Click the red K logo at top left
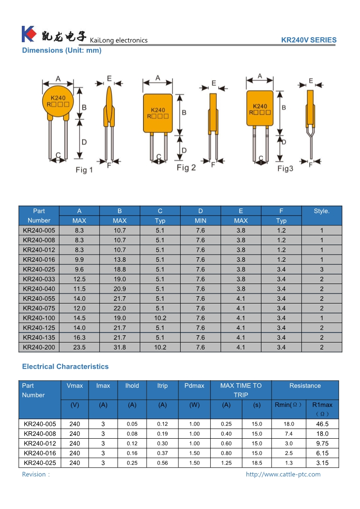(x=29, y=34)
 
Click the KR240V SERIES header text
(x=309, y=40)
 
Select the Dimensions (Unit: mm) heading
(x=62, y=50)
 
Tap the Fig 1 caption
(x=84, y=170)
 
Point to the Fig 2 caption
(x=186, y=168)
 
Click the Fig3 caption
(x=286, y=169)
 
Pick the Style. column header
(x=321, y=211)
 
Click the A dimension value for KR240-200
(x=79, y=347)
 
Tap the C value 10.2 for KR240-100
(x=160, y=318)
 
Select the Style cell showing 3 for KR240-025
(x=321, y=269)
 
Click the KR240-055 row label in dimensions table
(x=39, y=299)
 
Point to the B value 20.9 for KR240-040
(x=120, y=289)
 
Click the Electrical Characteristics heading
(x=65, y=367)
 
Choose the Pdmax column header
(x=194, y=386)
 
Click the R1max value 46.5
(x=322, y=424)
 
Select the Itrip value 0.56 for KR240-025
(x=163, y=463)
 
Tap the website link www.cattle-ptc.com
(x=283, y=475)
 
